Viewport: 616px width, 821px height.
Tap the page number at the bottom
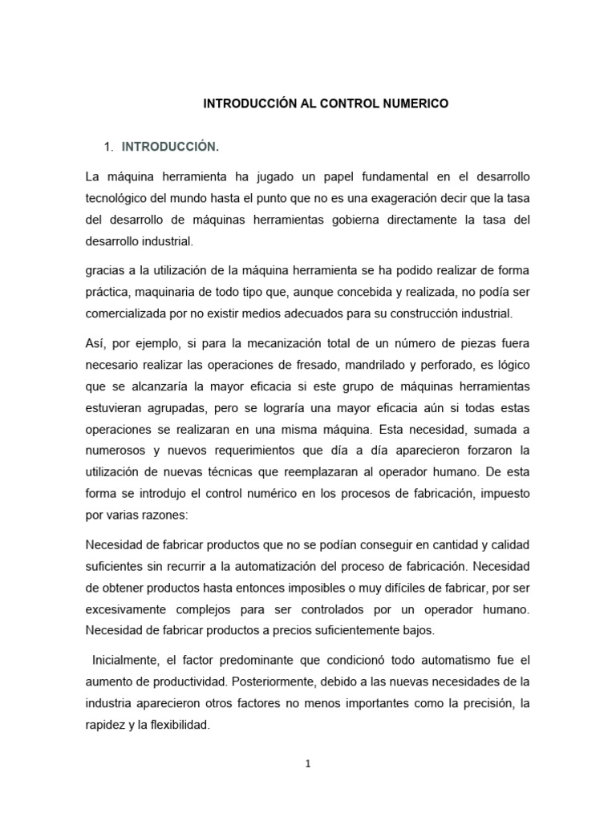point(307,763)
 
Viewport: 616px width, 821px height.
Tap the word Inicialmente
point(125,661)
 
